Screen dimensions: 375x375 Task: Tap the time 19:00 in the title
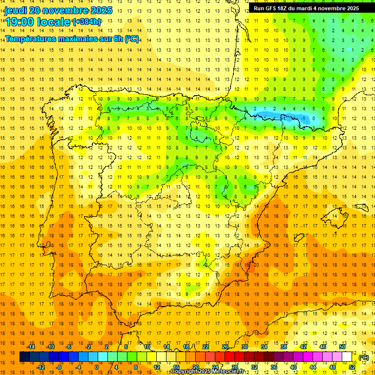pos(20,21)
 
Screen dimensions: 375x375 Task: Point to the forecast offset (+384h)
pos(87,22)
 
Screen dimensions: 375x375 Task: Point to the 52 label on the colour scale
pos(352,367)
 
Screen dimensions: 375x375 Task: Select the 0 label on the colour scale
pos(97,367)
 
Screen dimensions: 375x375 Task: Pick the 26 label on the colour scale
pos(225,347)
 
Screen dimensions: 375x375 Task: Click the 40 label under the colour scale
pos(293,367)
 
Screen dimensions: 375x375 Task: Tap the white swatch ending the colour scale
pos(347,357)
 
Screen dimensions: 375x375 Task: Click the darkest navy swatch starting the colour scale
pos(24,357)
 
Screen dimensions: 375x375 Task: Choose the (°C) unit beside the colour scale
pos(364,357)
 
